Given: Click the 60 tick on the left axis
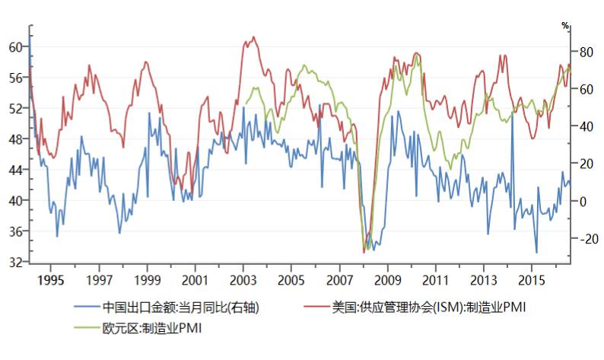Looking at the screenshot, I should coord(15,46).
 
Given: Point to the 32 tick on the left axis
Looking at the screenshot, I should coord(15,262).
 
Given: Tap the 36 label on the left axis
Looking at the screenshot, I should coord(15,231).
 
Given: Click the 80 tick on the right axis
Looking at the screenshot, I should coord(583,53).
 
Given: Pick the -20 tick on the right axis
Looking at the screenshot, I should coord(580,239).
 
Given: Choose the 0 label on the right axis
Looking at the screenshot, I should coord(583,202).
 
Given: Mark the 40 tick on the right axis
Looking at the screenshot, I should coord(583,127).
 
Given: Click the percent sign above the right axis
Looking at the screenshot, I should coord(565,26).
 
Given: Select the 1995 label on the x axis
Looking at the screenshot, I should coord(51,279).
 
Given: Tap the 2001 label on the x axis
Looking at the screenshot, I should coord(196,279).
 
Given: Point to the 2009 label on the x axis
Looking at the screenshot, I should coord(387,279).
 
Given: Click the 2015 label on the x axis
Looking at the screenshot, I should coord(531,279).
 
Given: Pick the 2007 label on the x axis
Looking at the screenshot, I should coord(339,279).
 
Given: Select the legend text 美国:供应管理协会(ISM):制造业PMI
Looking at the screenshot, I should coord(429,307).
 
